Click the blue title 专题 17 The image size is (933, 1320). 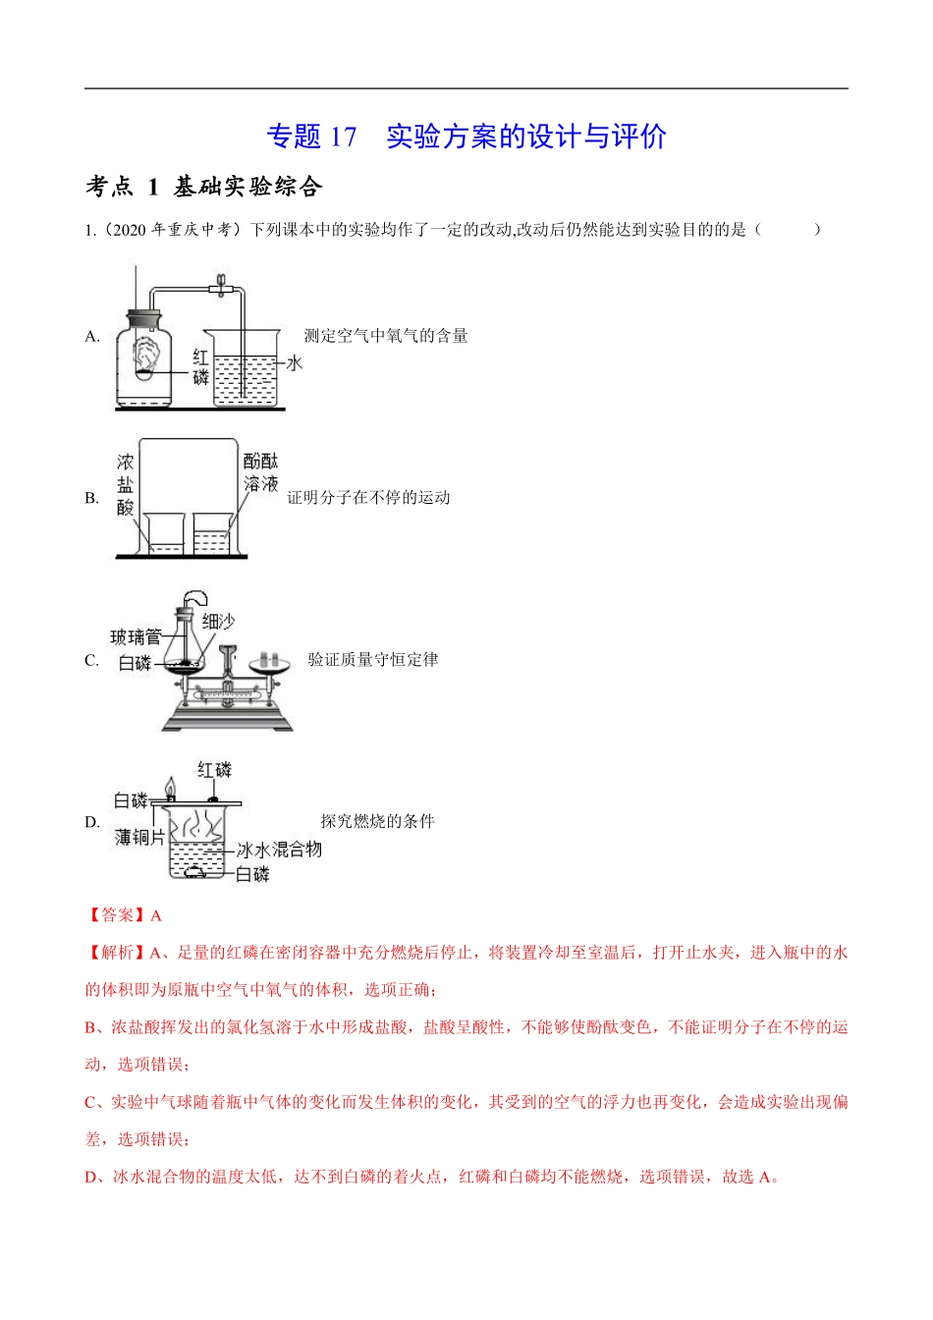[x=312, y=137]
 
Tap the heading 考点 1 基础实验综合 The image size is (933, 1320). [x=203, y=187]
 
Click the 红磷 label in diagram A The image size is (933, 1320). [x=200, y=367]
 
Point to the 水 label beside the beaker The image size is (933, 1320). [x=294, y=363]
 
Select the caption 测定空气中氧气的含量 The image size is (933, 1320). [x=385, y=336]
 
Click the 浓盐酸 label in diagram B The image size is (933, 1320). [x=126, y=484]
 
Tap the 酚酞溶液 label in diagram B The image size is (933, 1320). [x=261, y=472]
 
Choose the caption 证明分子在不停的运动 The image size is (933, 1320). [x=368, y=498]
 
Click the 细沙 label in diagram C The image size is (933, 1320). [x=218, y=621]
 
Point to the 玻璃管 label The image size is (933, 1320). [x=136, y=637]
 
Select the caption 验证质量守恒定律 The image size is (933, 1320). [x=373, y=660]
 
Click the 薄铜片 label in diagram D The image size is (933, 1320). [x=139, y=838]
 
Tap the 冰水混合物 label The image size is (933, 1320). [x=279, y=850]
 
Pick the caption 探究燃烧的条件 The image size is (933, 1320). [x=377, y=822]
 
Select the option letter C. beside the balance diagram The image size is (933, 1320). [x=92, y=661]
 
